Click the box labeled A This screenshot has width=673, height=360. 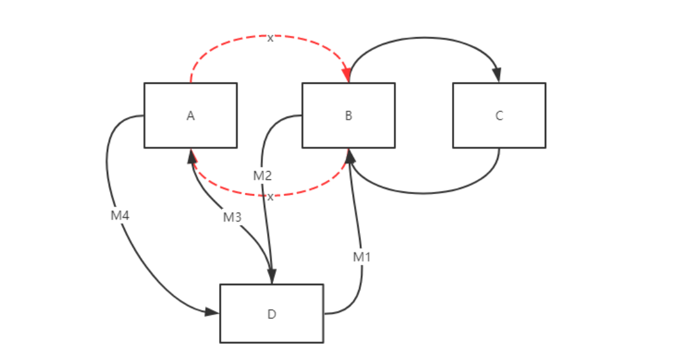(x=190, y=115)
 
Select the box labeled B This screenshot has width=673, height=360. (x=348, y=115)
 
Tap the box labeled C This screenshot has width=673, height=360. (x=499, y=115)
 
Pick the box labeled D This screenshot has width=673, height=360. (x=272, y=313)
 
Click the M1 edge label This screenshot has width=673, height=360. (x=362, y=257)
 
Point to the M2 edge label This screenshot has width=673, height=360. (x=263, y=176)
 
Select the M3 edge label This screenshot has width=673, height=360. (x=232, y=217)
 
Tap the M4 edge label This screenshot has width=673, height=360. (x=120, y=216)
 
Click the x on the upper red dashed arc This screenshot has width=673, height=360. (x=270, y=38)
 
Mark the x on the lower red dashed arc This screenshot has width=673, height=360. (x=270, y=197)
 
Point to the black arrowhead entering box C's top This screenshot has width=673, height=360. (x=498, y=76)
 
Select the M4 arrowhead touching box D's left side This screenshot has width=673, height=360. (x=213, y=312)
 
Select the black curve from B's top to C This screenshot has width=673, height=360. (x=423, y=38)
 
